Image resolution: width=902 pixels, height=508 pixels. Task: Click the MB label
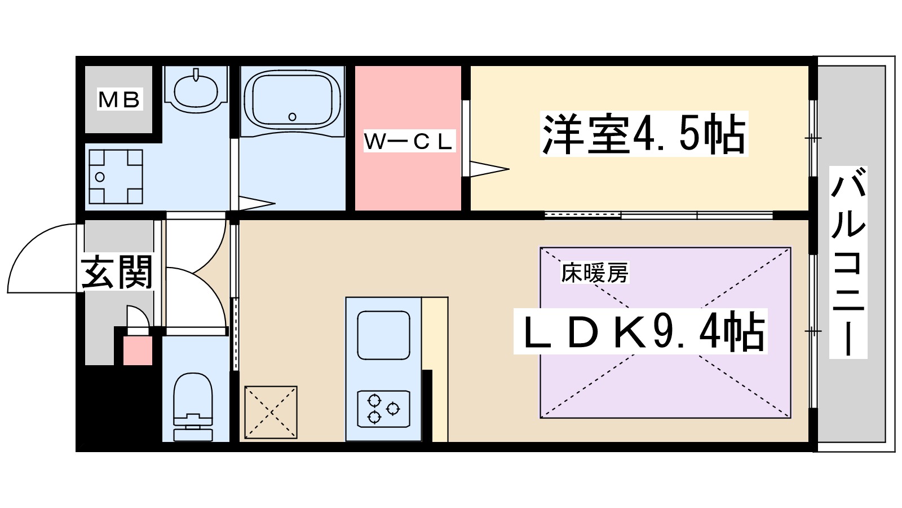coord(119,100)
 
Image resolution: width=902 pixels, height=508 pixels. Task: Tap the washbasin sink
coord(196,90)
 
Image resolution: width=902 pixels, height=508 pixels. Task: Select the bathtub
coord(292,100)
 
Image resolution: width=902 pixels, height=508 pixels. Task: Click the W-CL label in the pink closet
coord(408,142)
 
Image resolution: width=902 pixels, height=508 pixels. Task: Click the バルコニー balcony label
coord(848,262)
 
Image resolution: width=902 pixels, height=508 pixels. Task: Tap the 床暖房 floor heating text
coord(594,274)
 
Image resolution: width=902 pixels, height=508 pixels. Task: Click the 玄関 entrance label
coord(117,273)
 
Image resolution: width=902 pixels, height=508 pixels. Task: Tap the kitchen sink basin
coord(383,334)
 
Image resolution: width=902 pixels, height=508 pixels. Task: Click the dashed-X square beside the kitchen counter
coord(271,412)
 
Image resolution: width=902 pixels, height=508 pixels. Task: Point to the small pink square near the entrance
coord(138,350)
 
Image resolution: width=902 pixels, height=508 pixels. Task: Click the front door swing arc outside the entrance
coord(39,257)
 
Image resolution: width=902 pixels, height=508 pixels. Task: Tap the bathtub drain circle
coord(292,117)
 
